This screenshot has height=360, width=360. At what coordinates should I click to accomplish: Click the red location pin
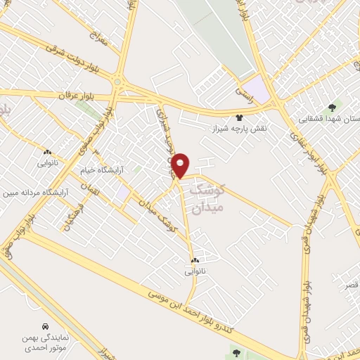(181, 165)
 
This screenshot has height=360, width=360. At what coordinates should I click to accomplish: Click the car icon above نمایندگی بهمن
(46, 327)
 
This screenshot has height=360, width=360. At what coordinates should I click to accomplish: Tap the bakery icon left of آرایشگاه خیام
(47, 152)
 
